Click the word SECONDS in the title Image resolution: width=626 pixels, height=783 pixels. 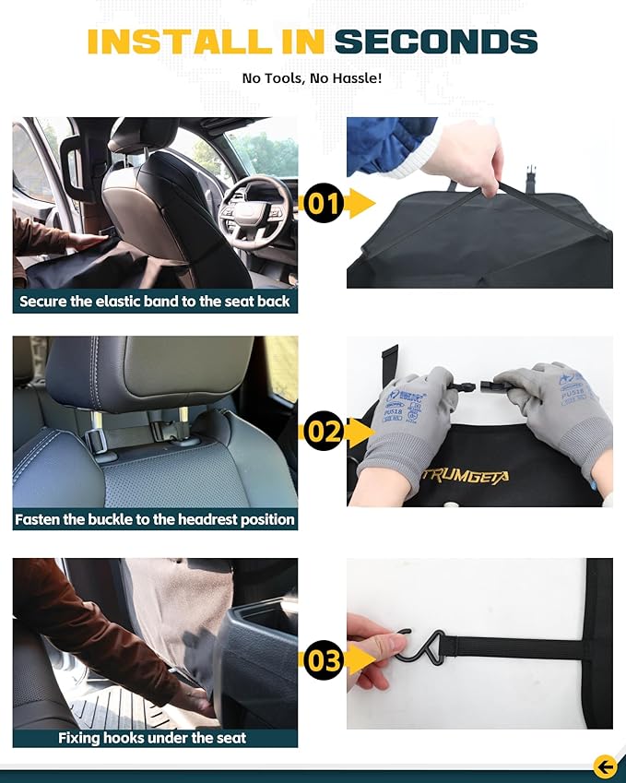[x=435, y=42]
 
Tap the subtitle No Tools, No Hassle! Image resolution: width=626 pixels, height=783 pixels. [x=312, y=78]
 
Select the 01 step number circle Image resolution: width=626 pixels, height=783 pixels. [x=324, y=203]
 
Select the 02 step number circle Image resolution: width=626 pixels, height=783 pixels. [x=324, y=432]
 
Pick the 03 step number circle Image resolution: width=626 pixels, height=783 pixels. [x=324, y=660]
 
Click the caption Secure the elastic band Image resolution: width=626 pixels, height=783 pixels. [x=155, y=302]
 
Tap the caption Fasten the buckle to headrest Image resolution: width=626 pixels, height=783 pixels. [x=155, y=519]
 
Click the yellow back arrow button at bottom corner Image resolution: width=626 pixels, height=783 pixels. [x=605, y=765]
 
